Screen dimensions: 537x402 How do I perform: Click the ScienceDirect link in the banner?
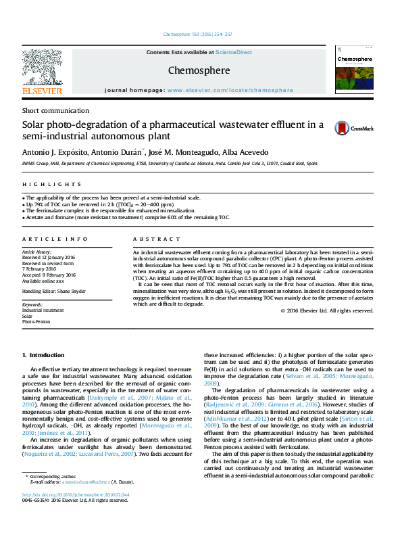[234, 52]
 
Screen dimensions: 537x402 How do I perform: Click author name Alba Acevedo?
[245, 152]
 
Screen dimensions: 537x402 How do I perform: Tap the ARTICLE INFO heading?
[55, 239]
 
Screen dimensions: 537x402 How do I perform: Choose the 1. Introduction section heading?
[44, 355]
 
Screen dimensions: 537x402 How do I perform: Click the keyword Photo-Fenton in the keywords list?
[36, 322]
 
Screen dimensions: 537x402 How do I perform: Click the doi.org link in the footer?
[66, 513]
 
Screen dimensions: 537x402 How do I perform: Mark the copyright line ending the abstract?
[326, 310]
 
